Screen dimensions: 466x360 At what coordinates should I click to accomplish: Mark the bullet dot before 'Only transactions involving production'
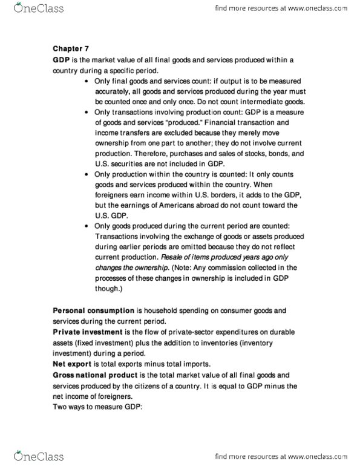(x=88, y=113)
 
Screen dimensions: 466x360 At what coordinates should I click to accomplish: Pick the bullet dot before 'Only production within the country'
(x=88, y=174)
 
